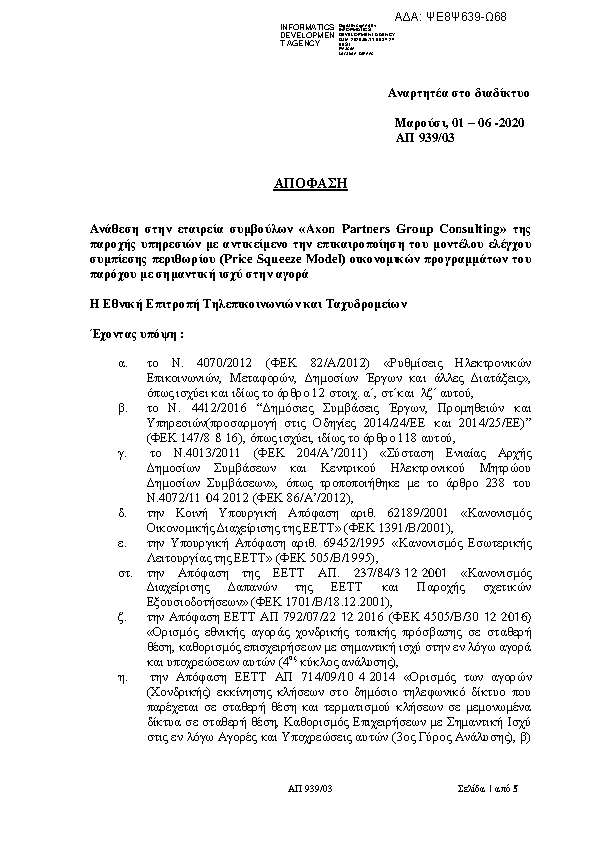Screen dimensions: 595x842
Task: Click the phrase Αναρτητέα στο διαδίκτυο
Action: point(458,93)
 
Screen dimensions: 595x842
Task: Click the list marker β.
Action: point(123,409)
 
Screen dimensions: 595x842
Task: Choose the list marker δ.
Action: point(123,511)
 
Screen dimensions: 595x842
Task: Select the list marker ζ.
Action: point(123,619)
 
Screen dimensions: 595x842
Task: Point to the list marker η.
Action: point(123,677)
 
